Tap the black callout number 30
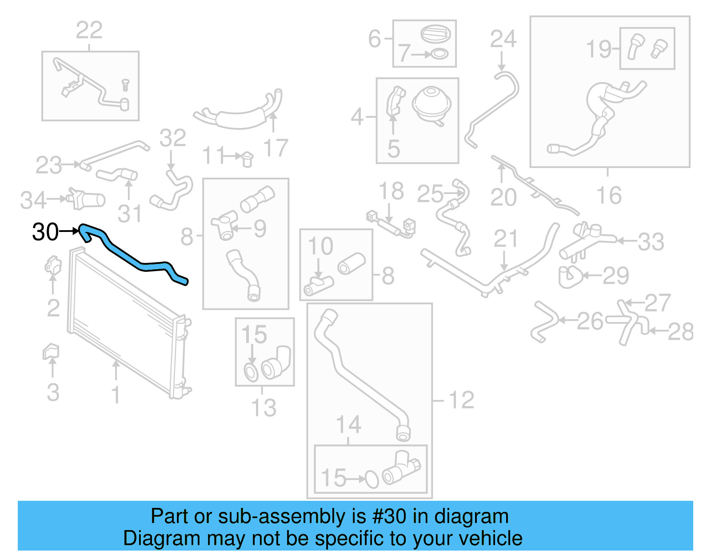45,232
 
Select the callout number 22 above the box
89,31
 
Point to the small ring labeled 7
439,54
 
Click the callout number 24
503,39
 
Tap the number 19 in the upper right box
599,49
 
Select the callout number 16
609,196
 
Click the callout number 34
33,200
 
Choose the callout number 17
276,148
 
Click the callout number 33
651,242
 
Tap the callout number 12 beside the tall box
462,400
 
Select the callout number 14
349,425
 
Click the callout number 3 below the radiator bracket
53,393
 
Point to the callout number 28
680,332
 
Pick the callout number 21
506,239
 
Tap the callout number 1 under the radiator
116,395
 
